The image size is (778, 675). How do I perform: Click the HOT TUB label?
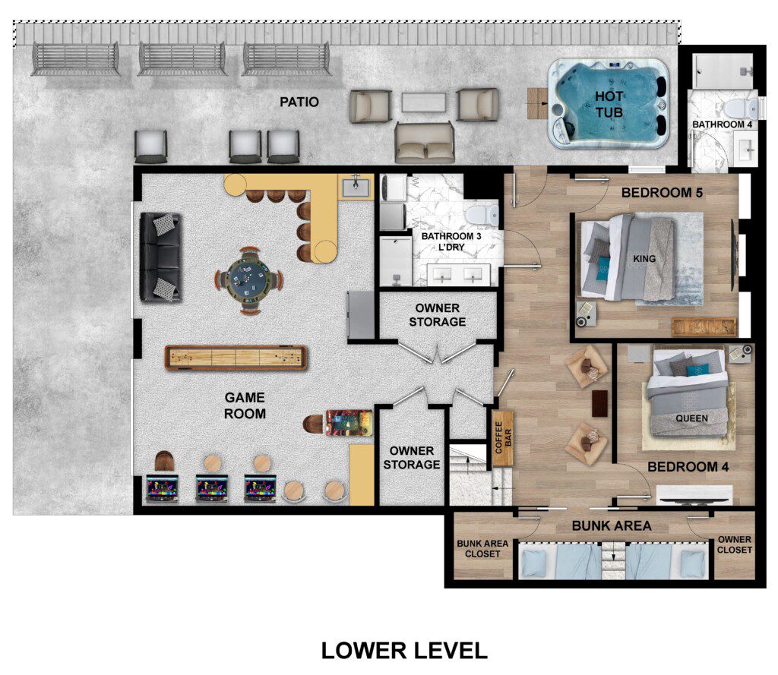pos(609,104)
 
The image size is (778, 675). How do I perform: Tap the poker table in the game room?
pos(249,279)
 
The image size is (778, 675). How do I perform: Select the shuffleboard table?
pos(236,358)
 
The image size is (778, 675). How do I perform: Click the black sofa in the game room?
pos(160,257)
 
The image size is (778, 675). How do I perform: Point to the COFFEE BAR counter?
pos(503,438)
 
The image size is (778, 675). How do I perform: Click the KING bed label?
pos(644,258)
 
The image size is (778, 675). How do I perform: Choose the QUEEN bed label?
pos(691,418)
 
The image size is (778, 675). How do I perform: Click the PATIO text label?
pos(299,102)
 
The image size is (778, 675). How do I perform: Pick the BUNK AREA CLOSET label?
pos(482,548)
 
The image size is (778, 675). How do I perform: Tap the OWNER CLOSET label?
pos(735,544)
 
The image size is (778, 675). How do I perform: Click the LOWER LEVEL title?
pos(404,650)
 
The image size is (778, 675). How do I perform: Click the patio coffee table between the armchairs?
pos(424,103)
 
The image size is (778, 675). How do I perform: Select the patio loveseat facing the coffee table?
pos(425,142)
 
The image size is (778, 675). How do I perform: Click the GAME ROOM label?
pos(245,405)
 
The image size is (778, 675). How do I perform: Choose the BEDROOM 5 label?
pos(662,192)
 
